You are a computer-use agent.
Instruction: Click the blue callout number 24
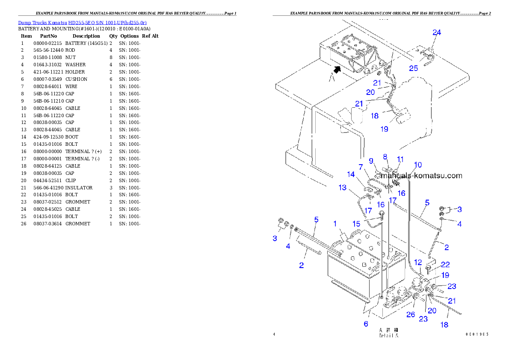pyautogui.click(x=437, y=32)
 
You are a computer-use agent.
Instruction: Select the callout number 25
pyautogui.click(x=413, y=68)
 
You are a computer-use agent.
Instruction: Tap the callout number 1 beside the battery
pyautogui.click(x=335, y=223)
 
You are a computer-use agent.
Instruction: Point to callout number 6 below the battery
pyautogui.click(x=366, y=324)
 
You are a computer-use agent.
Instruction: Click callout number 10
pyautogui.click(x=418, y=165)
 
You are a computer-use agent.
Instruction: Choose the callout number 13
pyautogui.click(x=355, y=187)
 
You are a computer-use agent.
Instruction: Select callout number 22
pyautogui.click(x=445, y=265)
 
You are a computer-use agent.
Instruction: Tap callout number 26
pyautogui.click(x=411, y=315)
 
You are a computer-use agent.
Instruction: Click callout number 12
pyautogui.click(x=418, y=262)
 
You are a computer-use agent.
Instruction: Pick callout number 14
pyautogui.click(x=351, y=174)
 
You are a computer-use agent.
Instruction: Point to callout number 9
pyautogui.click(x=371, y=161)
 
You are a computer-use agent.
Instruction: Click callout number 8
pyautogui.click(x=385, y=156)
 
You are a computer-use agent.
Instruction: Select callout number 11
pyautogui.click(x=400, y=159)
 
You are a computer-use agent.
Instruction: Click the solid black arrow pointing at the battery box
pyautogui.click(x=338, y=69)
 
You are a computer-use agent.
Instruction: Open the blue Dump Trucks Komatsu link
pyautogui.click(x=82, y=23)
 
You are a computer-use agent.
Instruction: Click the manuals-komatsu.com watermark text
pyautogui.click(x=421, y=175)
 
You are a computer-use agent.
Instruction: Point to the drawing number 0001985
pyautogui.click(x=477, y=334)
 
